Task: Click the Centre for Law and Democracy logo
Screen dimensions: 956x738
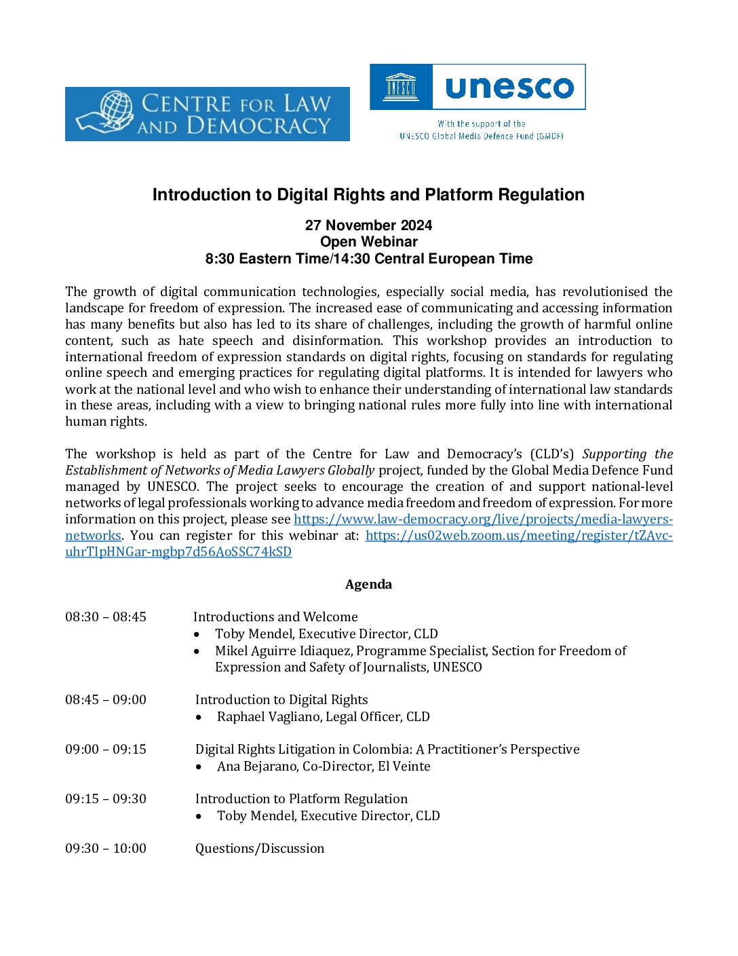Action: coord(207,114)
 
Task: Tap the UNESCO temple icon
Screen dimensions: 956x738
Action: coord(400,87)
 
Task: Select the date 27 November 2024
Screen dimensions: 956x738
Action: coord(368,225)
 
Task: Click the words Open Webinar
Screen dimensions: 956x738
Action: coord(368,242)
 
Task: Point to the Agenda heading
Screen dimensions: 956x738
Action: coord(368,585)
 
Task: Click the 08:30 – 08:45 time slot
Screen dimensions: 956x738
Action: coord(106,617)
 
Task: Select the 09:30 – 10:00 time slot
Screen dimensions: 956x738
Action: coord(106,849)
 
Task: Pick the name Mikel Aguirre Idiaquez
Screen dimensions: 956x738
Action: coord(284,651)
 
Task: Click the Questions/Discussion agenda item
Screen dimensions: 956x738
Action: coord(260,849)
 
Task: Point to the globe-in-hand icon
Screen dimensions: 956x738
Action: coord(109,112)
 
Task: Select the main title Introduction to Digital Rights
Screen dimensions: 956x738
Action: coord(368,195)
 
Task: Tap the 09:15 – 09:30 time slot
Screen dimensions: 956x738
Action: coord(106,799)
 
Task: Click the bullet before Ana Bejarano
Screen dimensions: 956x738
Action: coord(199,767)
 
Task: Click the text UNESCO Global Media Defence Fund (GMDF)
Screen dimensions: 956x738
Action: coord(481,136)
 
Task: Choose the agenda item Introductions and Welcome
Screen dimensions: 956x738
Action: coord(275,617)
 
